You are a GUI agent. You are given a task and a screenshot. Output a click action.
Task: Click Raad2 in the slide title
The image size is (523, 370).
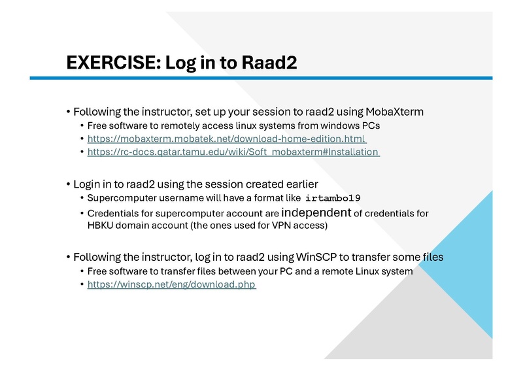point(269,63)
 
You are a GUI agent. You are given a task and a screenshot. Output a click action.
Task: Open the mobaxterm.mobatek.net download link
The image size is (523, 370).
point(227,139)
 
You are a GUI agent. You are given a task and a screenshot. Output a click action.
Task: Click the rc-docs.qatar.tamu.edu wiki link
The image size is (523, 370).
point(233,152)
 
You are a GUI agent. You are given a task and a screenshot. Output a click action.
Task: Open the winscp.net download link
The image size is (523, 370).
point(171,285)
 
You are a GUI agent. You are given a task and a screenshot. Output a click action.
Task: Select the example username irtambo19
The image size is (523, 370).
point(333,198)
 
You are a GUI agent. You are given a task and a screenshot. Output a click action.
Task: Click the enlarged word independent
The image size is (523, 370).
point(316,212)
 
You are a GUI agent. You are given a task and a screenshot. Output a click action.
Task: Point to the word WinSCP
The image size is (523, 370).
point(316,257)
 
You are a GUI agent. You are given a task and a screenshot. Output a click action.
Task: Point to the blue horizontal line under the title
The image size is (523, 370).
point(261,78)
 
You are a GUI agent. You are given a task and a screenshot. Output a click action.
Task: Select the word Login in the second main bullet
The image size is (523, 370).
point(87,184)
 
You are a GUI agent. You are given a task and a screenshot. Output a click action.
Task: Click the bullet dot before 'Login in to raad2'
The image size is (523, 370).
point(69,184)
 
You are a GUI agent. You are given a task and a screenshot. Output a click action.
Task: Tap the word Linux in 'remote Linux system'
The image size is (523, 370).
point(363,271)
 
